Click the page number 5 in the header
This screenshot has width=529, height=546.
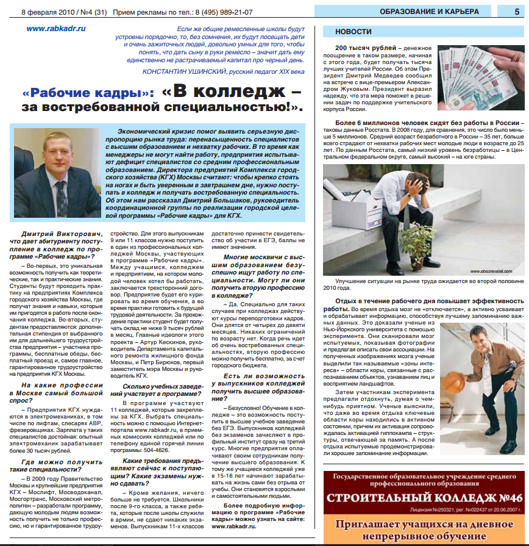pos(516,11)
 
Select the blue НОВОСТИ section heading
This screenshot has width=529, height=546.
pos(353,32)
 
